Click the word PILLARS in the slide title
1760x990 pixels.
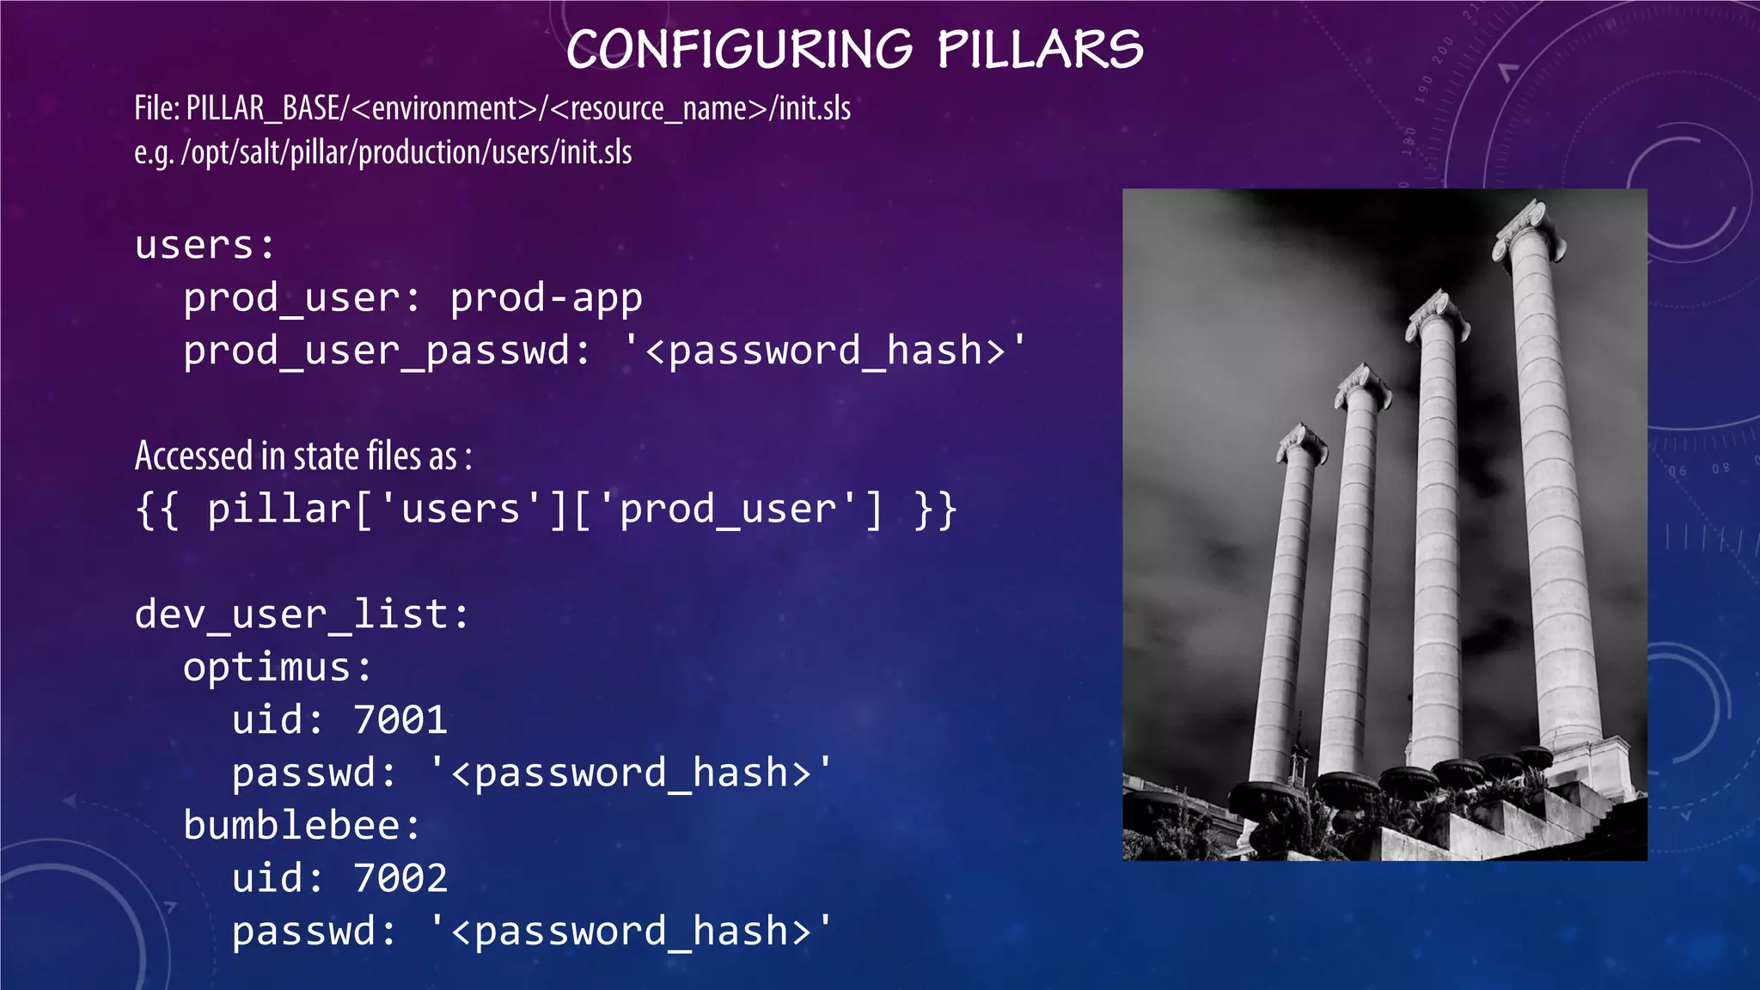click(1040, 50)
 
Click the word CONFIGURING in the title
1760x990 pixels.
click(739, 50)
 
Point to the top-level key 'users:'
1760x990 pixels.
click(205, 246)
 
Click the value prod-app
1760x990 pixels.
click(546, 298)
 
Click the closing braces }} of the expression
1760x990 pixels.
click(936, 510)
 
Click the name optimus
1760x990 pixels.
click(267, 668)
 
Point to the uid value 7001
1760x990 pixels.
click(400, 720)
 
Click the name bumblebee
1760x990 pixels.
click(291, 826)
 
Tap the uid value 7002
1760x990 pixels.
click(400, 878)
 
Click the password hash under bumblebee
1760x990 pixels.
click(632, 932)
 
